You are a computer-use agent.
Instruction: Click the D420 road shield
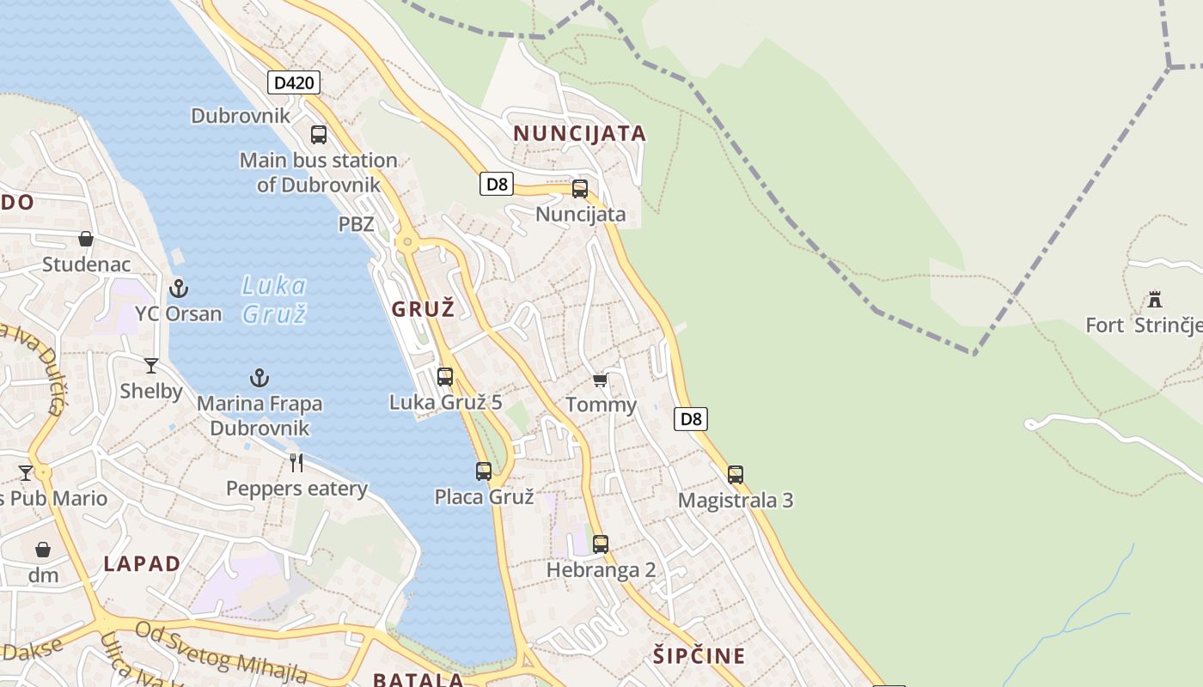(x=294, y=82)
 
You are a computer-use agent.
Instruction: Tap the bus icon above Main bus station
(x=319, y=134)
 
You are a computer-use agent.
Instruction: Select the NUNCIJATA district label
(x=579, y=133)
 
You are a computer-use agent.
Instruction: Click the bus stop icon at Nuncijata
(x=580, y=189)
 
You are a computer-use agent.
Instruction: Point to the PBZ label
(x=356, y=224)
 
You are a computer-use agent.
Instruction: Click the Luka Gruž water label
(x=274, y=299)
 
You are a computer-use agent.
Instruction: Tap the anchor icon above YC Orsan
(x=179, y=288)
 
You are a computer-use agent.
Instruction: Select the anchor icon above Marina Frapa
(x=259, y=377)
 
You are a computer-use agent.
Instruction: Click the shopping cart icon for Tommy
(x=600, y=380)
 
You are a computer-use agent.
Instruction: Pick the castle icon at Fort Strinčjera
(x=1155, y=299)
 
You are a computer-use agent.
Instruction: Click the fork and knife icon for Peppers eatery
(x=296, y=463)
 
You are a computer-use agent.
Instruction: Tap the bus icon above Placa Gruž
(x=484, y=471)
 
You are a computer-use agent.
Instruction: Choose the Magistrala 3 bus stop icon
(x=736, y=474)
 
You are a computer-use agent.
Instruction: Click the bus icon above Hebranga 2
(x=601, y=544)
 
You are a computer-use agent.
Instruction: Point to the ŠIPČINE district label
(x=699, y=656)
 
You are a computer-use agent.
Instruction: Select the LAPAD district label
(x=143, y=563)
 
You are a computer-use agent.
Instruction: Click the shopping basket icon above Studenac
(x=86, y=239)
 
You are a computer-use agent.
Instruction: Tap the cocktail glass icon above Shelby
(x=151, y=366)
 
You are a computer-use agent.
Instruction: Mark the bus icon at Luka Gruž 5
(x=445, y=376)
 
